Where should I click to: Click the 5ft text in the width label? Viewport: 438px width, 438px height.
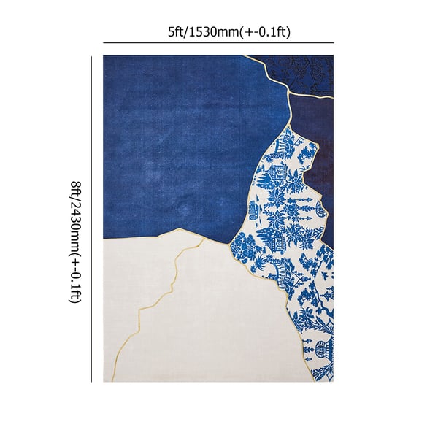175,32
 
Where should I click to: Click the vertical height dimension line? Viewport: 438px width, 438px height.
91,219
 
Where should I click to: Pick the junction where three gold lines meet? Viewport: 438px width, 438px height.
291,93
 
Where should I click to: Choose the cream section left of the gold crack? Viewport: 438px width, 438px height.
131,314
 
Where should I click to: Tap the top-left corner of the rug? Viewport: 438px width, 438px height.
104,56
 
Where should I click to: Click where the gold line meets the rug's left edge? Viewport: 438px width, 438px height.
104,239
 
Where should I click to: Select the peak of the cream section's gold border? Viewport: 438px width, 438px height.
177,228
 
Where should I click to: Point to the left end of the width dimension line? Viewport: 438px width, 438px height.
104,43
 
